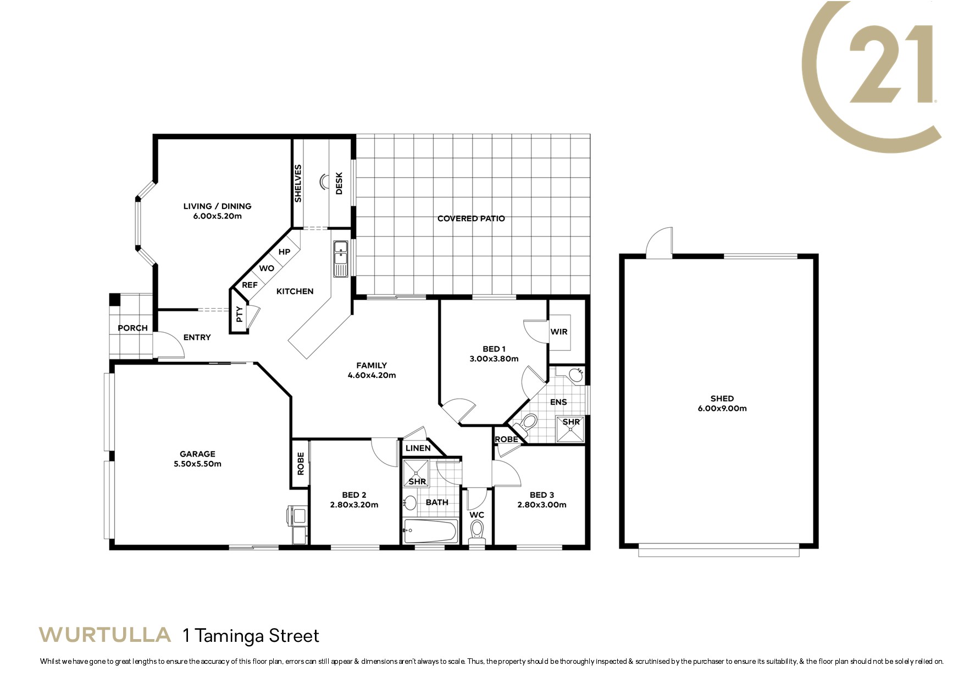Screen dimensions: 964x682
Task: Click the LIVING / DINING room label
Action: [x=217, y=206]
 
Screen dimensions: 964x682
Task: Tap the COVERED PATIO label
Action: [x=471, y=218]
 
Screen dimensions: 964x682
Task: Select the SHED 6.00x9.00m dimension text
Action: [x=722, y=409]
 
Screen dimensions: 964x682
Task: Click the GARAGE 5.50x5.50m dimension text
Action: [x=197, y=464]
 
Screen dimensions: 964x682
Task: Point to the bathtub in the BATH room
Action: [x=430, y=531]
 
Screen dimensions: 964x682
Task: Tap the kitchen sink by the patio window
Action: [x=341, y=258]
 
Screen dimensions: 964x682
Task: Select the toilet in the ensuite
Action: [x=528, y=423]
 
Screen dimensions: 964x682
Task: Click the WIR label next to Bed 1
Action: [x=559, y=332]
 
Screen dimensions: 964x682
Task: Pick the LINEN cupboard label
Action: [x=418, y=448]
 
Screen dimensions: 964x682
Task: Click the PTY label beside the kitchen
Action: [x=239, y=315]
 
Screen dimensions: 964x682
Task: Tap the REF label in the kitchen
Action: [x=250, y=285]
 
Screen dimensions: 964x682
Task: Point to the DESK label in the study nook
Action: [x=339, y=183]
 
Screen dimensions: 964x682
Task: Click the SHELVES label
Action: [x=298, y=183]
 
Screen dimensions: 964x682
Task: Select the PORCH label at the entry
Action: [x=132, y=328]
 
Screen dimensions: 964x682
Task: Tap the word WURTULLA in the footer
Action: [x=104, y=635]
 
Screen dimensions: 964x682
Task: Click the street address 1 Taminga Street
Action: [x=251, y=636]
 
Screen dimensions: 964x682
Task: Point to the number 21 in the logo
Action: [x=891, y=64]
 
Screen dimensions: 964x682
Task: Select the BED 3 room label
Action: [x=541, y=495]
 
